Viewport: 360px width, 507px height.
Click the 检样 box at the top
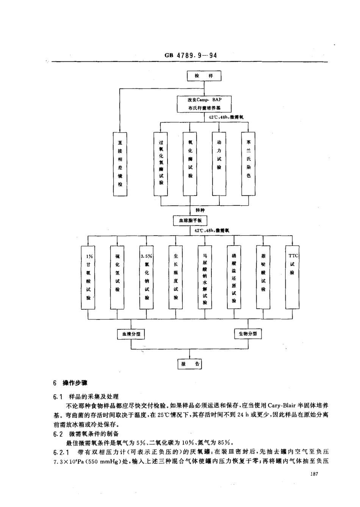[x=204, y=76]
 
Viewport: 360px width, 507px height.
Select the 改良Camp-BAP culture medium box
[x=204, y=103]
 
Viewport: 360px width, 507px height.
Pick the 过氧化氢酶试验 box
[x=161, y=163]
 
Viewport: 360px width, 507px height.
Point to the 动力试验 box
[x=219, y=163]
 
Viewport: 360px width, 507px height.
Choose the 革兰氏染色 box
[x=248, y=163]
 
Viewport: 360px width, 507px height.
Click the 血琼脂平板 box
[x=190, y=221]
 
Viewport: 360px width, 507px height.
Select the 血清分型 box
[x=131, y=334]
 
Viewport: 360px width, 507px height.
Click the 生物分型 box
[x=248, y=333]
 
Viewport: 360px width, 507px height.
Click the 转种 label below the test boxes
[x=200, y=210]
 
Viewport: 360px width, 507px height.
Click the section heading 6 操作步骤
[x=67, y=383]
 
